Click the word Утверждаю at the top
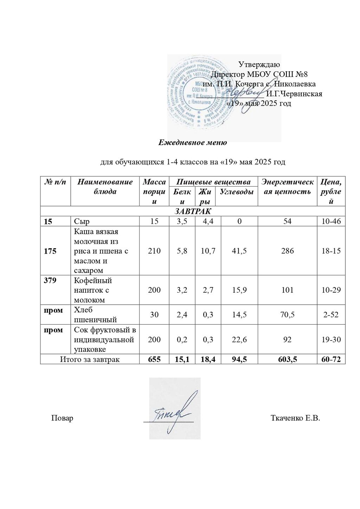click(259, 64)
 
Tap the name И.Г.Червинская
click(294, 94)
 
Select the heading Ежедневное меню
click(192, 143)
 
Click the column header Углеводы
click(236, 192)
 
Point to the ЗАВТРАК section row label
click(193, 211)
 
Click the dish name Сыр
click(82, 221)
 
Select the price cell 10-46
click(331, 221)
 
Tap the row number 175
click(50, 251)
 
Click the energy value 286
click(287, 251)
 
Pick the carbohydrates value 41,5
click(239, 251)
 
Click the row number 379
click(50, 280)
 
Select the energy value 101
click(287, 290)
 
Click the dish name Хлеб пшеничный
click(95, 315)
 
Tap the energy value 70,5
click(287, 315)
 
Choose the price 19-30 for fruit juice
click(331, 339)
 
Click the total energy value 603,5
click(287, 359)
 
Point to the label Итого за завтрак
click(90, 359)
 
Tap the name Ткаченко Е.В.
click(295, 418)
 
